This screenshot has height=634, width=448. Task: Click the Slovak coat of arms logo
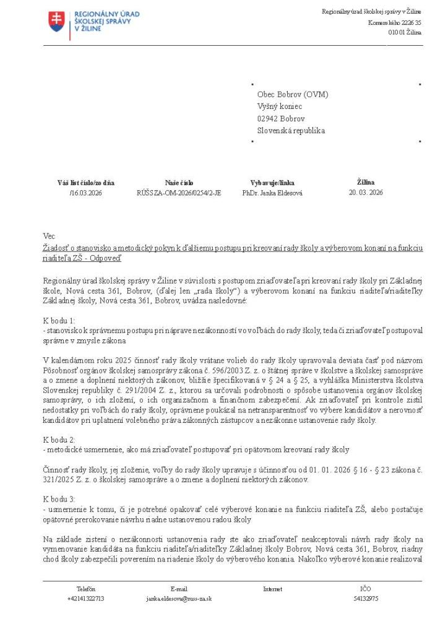coord(56,22)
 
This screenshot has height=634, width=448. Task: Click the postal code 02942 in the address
coord(267,118)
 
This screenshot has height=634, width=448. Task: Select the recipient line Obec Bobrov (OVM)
coord(293,94)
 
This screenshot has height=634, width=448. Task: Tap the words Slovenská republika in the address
coord(291,131)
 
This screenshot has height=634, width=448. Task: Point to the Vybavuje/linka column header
coord(272,183)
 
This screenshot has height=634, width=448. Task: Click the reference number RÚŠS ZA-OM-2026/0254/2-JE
coord(179,193)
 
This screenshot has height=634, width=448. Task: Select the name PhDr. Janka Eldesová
coord(272,193)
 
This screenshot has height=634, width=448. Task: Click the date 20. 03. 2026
coord(366,193)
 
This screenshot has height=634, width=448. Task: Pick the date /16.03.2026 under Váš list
coord(86,193)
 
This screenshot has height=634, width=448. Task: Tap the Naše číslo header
coord(179,183)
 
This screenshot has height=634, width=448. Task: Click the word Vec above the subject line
coord(49,236)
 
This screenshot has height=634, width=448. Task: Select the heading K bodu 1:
coord(59,321)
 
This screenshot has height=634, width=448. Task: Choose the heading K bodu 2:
coord(59,439)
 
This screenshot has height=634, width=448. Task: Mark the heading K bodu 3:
coord(59,498)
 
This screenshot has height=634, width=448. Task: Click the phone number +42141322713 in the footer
coord(86,599)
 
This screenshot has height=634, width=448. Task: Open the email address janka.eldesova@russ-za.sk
coord(179,599)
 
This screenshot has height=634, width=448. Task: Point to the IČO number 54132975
coord(366,599)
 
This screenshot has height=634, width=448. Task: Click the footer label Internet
coord(272,589)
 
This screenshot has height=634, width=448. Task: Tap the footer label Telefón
coord(86,589)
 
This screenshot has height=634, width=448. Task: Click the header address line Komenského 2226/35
coord(395,22)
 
